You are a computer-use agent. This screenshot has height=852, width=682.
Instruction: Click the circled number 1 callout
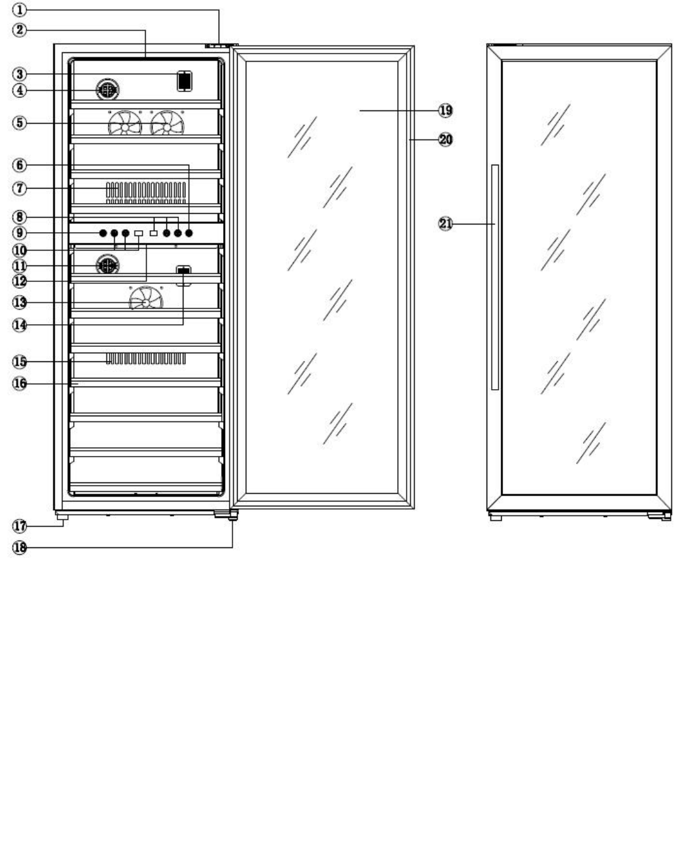click(20, 10)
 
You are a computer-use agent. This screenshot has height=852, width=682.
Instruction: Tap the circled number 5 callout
click(20, 122)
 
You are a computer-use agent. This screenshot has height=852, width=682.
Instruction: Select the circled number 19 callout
click(446, 110)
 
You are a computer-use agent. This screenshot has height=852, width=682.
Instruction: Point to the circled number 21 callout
click(446, 223)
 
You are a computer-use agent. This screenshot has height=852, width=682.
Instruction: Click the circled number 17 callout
click(20, 525)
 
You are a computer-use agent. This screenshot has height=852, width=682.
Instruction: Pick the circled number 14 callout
click(20, 325)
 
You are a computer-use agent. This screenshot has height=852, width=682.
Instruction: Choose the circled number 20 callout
click(446, 139)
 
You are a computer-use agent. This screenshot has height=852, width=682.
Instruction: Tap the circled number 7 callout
click(20, 188)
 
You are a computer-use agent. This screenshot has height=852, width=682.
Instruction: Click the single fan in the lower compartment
click(146, 299)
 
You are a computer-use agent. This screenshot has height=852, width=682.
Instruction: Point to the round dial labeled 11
click(107, 266)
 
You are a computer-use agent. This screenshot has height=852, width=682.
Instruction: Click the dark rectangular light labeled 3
click(184, 81)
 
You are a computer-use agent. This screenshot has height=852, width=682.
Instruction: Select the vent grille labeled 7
click(146, 192)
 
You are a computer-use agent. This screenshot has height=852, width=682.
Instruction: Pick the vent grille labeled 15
click(146, 359)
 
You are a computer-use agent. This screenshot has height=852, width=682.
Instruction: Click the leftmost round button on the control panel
click(103, 233)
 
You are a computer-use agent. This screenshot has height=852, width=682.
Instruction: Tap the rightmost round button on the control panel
click(189, 233)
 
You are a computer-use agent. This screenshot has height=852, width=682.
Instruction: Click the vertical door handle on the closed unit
click(495, 277)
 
